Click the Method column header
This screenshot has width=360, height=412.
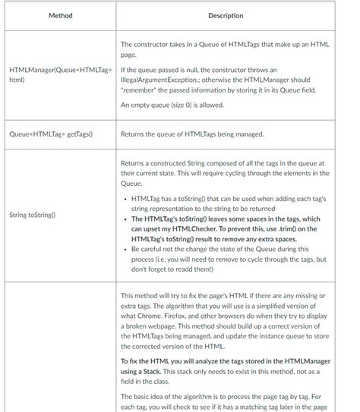pos(60,15)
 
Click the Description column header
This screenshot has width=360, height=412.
pos(226,15)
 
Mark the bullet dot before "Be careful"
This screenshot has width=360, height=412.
pos(125,248)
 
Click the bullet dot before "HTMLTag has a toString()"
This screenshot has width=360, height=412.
pos(125,199)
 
